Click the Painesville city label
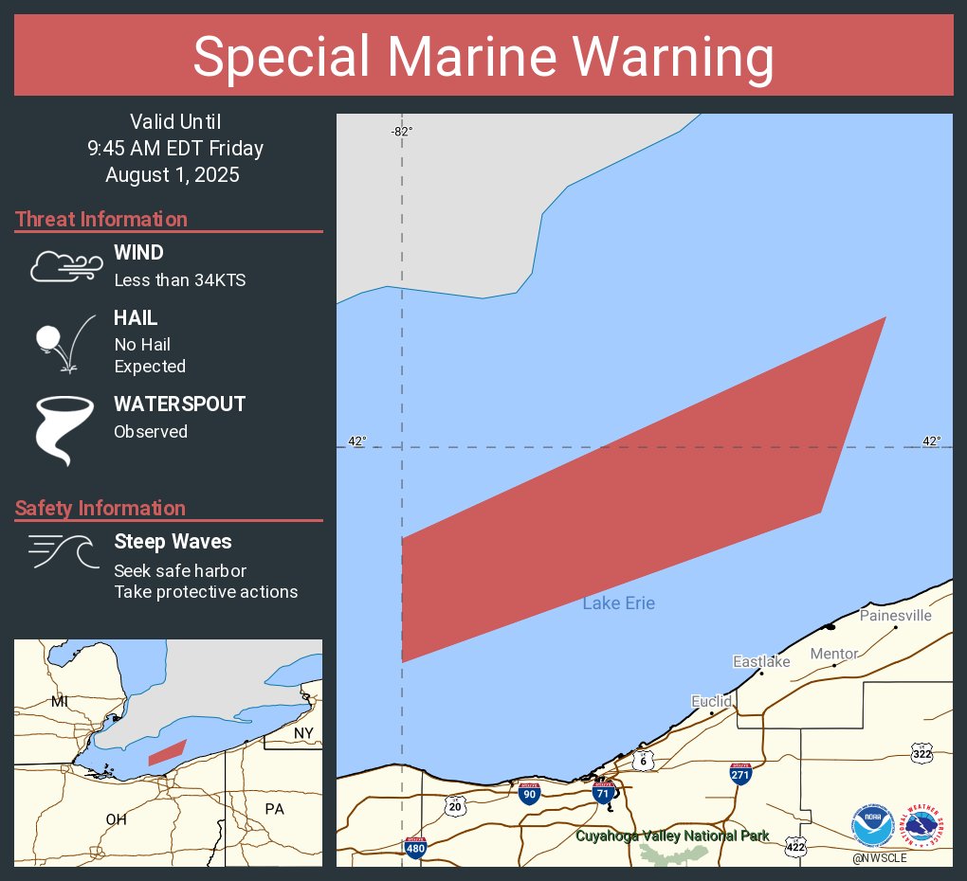(x=895, y=616)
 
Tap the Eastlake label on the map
(x=761, y=662)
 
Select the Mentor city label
(x=834, y=654)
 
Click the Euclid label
(x=711, y=702)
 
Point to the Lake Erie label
(x=618, y=603)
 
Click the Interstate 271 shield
(x=741, y=773)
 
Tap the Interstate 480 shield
(x=415, y=847)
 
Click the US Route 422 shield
(x=795, y=847)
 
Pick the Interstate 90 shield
(x=530, y=793)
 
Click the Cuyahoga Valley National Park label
(x=672, y=836)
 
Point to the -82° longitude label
(x=401, y=132)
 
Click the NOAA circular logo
(x=872, y=826)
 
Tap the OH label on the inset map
(x=116, y=819)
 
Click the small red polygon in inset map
(x=168, y=752)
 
